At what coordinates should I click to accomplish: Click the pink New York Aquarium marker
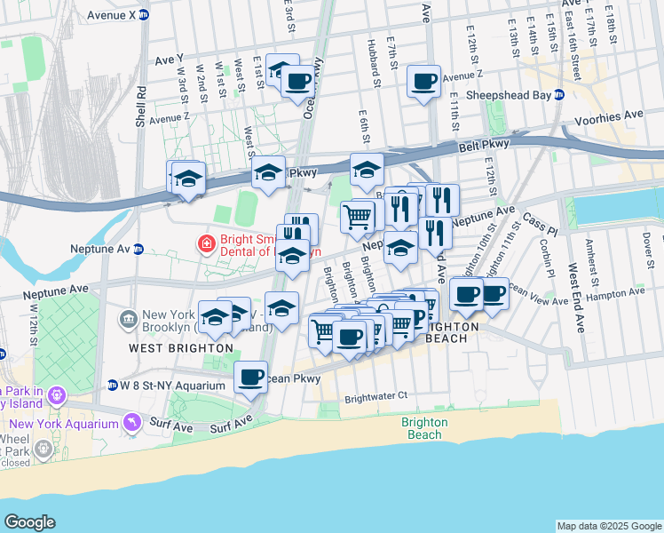(132, 420)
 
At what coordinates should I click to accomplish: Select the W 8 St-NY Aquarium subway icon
(113, 386)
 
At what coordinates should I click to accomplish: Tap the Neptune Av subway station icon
(138, 249)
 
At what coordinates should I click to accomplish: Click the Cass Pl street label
(538, 218)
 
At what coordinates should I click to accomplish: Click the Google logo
(29, 522)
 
